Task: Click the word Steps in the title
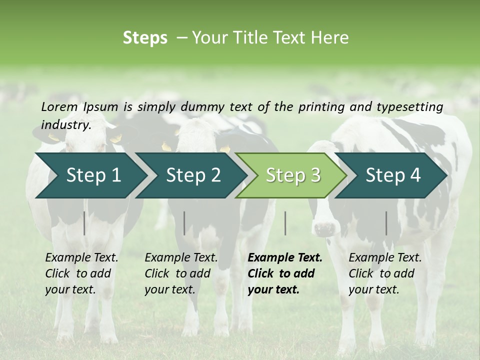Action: (x=145, y=38)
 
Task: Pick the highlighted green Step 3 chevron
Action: (x=292, y=175)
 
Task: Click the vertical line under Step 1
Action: (x=84, y=223)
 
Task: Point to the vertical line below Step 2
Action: (x=184, y=223)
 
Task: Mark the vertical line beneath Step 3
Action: (x=285, y=223)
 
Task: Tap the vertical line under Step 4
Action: (x=386, y=223)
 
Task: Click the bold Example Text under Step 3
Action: (x=284, y=273)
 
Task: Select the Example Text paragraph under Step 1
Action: (x=81, y=273)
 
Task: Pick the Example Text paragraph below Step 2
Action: (x=181, y=273)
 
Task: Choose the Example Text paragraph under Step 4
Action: (x=385, y=273)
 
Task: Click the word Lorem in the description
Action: (x=59, y=106)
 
